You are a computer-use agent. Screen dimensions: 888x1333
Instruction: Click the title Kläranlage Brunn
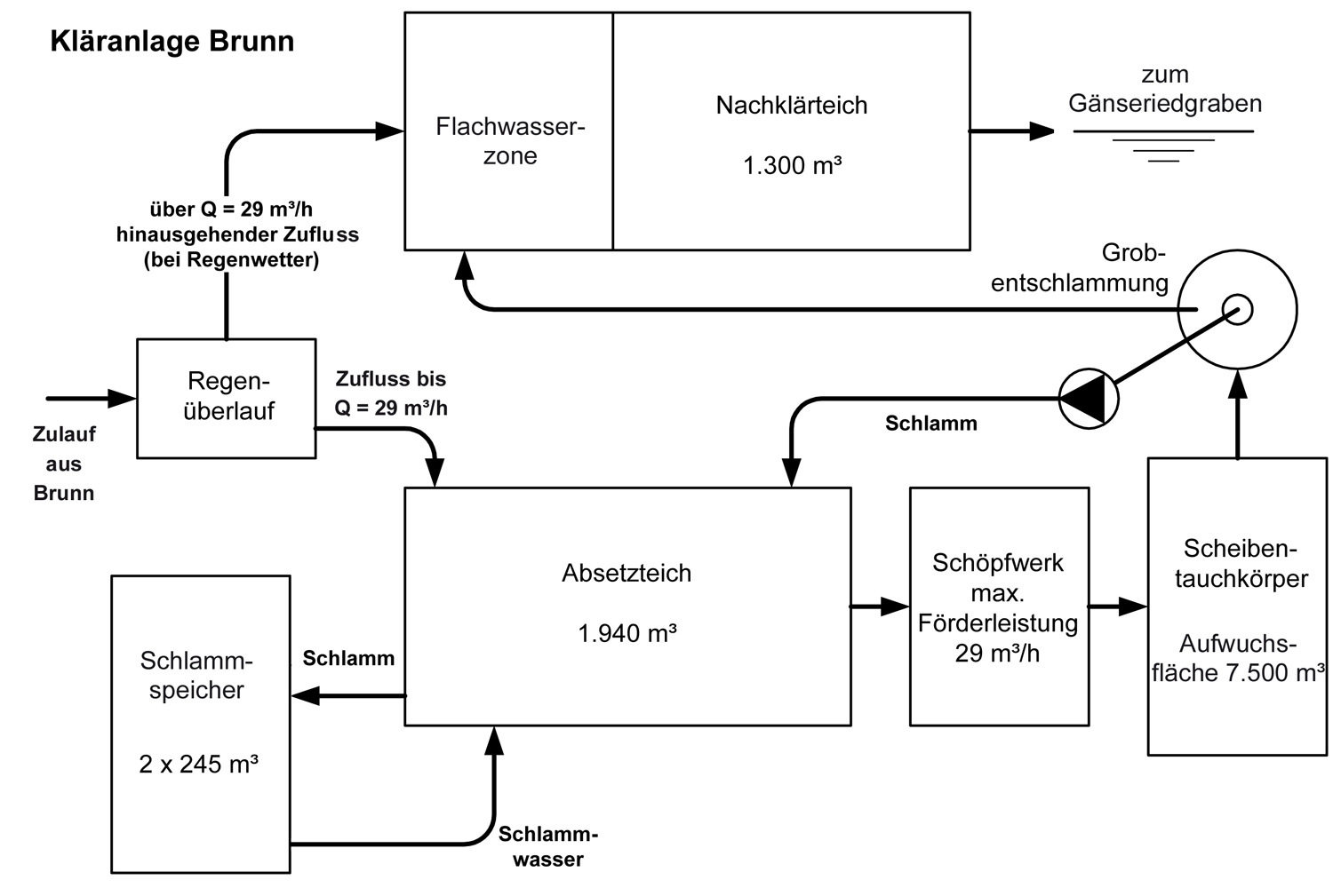pyautogui.click(x=172, y=42)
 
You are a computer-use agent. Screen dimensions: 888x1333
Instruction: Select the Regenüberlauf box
pyautogui.click(x=227, y=398)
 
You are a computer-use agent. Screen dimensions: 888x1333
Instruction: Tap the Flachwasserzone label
pyautogui.click(x=510, y=141)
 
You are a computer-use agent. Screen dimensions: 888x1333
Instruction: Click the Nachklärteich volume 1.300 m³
pyautogui.click(x=792, y=166)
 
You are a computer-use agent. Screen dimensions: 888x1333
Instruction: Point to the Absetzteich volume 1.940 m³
pyautogui.click(x=627, y=633)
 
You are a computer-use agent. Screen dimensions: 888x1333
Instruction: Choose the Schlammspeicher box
pyautogui.click(x=201, y=724)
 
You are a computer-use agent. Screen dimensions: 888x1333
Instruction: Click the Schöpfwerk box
pyautogui.click(x=999, y=607)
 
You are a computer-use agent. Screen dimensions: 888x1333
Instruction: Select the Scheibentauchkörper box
pyautogui.click(x=1237, y=607)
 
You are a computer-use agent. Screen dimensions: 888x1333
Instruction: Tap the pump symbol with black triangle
pyautogui.click(x=1089, y=399)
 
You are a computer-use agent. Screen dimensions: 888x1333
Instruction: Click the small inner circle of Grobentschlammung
pyautogui.click(x=1238, y=310)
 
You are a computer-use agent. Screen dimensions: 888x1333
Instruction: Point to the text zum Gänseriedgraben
pyautogui.click(x=1164, y=89)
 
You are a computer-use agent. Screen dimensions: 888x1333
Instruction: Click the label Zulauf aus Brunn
pyautogui.click(x=64, y=464)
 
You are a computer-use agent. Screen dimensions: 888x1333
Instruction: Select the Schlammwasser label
pyautogui.click(x=548, y=846)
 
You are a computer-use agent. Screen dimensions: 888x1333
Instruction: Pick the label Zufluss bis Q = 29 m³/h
pyautogui.click(x=391, y=393)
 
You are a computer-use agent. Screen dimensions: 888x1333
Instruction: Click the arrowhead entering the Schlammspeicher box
pyautogui.click(x=306, y=696)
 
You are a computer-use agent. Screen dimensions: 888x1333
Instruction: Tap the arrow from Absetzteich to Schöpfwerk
pyautogui.click(x=880, y=607)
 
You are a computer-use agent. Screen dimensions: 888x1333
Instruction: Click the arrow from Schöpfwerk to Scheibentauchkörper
pyautogui.click(x=1118, y=607)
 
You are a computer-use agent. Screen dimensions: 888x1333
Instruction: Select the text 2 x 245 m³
pyautogui.click(x=198, y=764)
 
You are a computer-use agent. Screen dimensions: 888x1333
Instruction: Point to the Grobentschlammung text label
pyautogui.click(x=1080, y=268)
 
